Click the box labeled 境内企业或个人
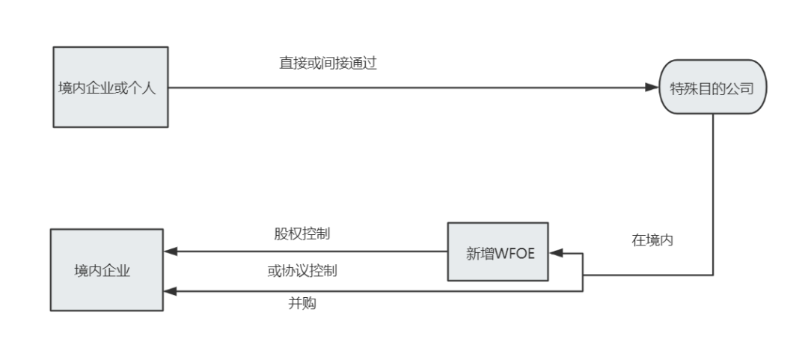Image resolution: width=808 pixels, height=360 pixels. tap(110, 88)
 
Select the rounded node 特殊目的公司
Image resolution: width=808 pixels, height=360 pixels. tap(712, 88)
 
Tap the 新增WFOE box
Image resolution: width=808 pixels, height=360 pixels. tap(498, 252)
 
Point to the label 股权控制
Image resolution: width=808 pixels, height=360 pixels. tap(302, 233)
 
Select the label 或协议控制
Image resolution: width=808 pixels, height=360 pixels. tap(302, 271)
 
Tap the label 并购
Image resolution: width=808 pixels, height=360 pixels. tap(302, 304)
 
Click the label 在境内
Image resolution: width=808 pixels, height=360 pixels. tap(649, 242)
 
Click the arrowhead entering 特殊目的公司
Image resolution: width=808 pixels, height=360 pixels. tap(651, 88)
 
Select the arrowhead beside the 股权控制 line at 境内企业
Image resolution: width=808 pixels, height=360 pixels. tap(171, 252)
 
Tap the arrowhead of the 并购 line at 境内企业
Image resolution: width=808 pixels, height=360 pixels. tap(171, 291)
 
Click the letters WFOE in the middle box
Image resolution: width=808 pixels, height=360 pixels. tap(512, 252)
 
